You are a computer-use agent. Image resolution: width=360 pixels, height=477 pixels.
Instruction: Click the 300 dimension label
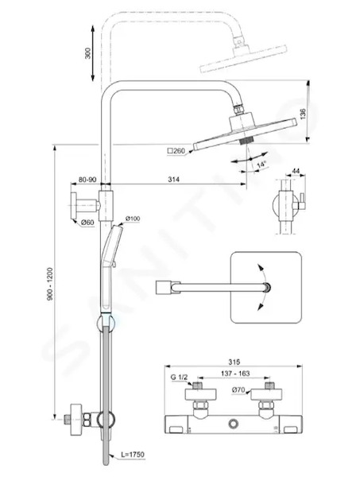point(88,53)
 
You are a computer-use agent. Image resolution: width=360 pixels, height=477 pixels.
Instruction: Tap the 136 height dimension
point(303,114)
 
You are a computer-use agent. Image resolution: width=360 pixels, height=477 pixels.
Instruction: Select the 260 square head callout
point(176,150)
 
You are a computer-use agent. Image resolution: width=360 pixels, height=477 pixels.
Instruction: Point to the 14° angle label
point(261,165)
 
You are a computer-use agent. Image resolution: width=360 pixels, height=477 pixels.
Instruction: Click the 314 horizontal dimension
point(173,180)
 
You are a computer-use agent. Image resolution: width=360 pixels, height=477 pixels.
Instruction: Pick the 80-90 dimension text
point(87,180)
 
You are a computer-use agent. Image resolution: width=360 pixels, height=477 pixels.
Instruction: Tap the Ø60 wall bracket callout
point(87,223)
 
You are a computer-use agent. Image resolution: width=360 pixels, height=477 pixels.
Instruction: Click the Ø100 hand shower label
point(133,219)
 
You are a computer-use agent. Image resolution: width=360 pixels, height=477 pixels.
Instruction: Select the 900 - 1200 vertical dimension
point(50,284)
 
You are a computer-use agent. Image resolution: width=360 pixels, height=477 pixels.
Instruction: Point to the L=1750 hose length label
point(133,455)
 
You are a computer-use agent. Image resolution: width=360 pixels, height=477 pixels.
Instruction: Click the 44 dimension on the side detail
point(296,171)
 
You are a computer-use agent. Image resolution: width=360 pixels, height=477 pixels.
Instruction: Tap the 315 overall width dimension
point(234,362)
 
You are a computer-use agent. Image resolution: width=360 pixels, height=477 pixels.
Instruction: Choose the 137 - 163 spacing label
point(235,374)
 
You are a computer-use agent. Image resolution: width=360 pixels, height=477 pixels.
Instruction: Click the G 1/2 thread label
point(179,377)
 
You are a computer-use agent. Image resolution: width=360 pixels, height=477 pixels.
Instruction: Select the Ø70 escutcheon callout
point(238,390)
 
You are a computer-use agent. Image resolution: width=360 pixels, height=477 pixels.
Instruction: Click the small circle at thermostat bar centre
point(234,424)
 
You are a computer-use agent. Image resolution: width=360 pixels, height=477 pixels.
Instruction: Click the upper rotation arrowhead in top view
point(260,267)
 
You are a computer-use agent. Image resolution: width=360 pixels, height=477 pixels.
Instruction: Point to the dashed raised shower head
point(243,59)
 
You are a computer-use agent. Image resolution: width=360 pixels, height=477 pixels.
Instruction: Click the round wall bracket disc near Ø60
point(73,205)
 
